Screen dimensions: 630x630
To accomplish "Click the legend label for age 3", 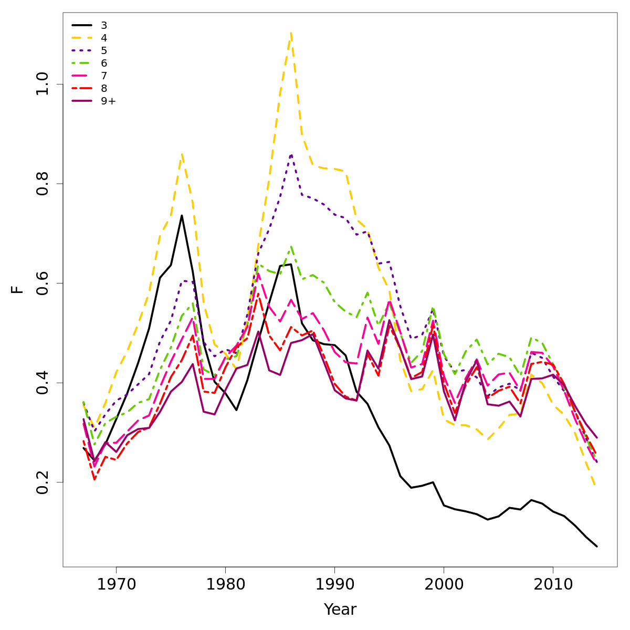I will tap(104, 25).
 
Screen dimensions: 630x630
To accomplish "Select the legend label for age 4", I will tap(104, 38).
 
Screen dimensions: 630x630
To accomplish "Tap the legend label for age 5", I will tap(104, 50).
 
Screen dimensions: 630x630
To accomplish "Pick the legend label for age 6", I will tap(104, 63).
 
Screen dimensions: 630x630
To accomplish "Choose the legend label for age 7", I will tap(104, 76).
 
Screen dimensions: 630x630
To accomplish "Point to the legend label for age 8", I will tap(104, 88).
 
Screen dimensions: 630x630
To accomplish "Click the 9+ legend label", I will tap(108, 101).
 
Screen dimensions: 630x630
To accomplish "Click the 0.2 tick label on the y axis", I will tap(43, 482).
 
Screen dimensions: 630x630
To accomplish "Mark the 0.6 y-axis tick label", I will tap(43, 283).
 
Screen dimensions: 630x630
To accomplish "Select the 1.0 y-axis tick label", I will tap(43, 84).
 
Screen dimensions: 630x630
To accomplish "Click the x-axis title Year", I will tap(340, 610).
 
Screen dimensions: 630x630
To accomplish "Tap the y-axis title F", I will tap(18, 289).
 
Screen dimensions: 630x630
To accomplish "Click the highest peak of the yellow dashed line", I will tap(291, 33).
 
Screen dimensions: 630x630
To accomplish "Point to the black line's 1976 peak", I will tap(182, 215).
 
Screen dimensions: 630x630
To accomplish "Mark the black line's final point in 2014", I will tap(597, 547).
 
